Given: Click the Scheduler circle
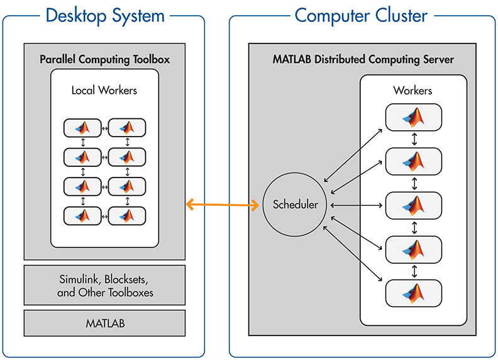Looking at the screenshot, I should click(294, 205).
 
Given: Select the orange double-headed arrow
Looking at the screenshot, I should click(223, 204).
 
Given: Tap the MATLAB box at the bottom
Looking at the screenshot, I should click(104, 323).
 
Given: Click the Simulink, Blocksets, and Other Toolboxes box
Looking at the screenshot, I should click(104, 286).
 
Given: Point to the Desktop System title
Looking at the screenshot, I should click(104, 14).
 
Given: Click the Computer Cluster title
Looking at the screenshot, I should click(362, 14).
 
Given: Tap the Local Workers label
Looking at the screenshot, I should click(104, 90).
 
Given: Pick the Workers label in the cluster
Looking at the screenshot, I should click(413, 91).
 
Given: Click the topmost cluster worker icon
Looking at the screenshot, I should click(413, 117).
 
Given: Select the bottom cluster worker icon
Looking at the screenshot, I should click(413, 292).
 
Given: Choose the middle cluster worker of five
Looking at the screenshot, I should click(413, 205).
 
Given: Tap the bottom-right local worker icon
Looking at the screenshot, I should click(127, 216).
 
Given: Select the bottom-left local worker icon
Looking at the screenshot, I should click(82, 216).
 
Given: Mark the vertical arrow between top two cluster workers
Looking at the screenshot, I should click(414, 139).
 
